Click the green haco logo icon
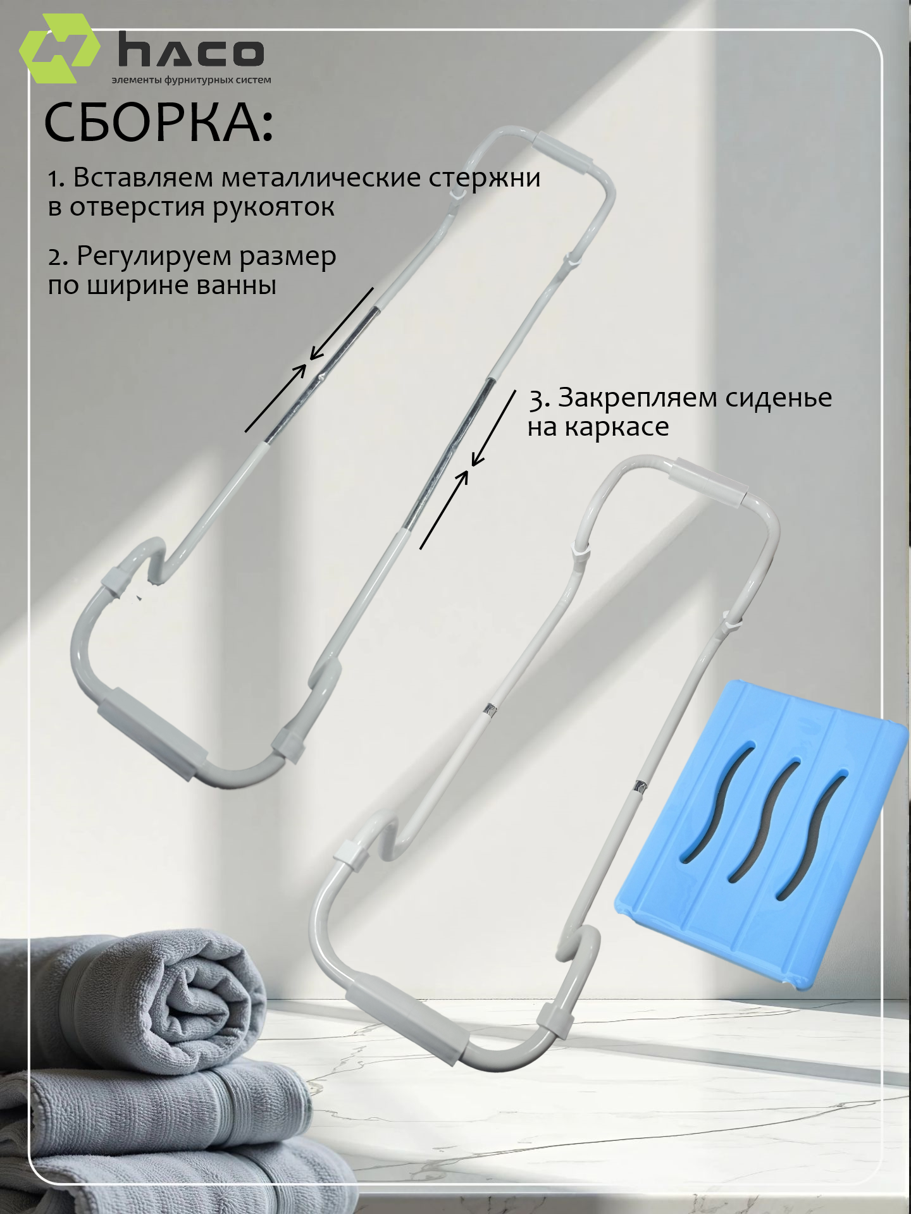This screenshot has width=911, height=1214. coord(60,49)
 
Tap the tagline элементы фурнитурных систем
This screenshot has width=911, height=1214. coord(191,80)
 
